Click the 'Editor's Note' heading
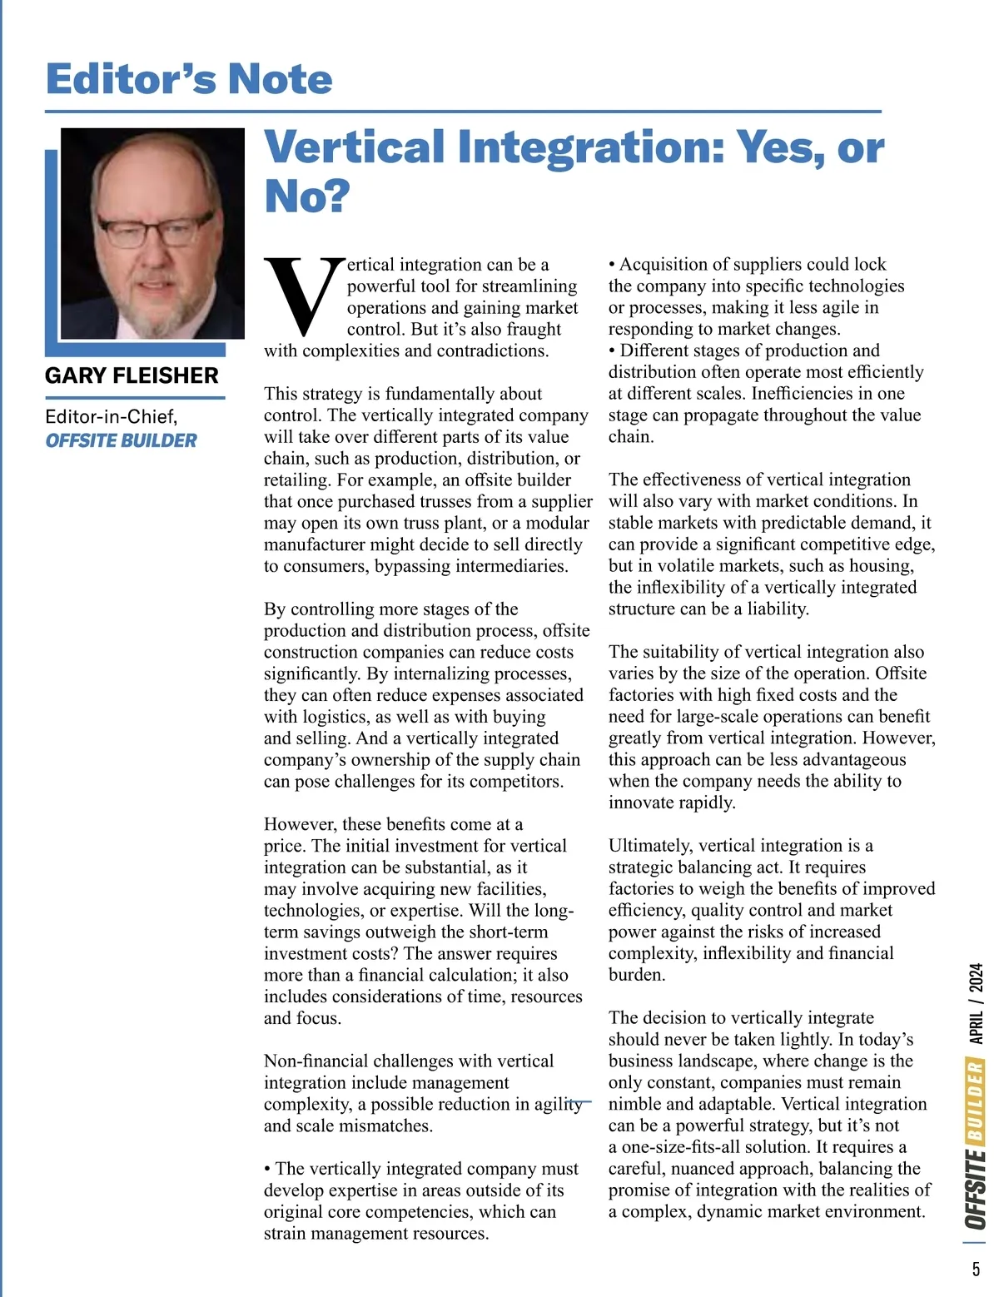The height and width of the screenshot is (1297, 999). [189, 79]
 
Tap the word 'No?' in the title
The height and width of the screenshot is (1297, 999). [307, 196]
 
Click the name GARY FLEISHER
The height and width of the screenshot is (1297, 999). [132, 375]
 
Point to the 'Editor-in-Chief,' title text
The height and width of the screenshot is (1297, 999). [112, 416]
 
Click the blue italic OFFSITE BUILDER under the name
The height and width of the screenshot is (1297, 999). [121, 440]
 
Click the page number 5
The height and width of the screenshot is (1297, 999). [976, 1269]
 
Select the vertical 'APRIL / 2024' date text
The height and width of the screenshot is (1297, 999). [976, 1004]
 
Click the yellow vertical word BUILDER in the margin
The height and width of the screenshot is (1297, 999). [976, 1101]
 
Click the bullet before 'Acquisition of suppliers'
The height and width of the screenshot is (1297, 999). [612, 265]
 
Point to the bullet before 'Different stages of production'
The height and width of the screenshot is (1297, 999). [612, 351]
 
